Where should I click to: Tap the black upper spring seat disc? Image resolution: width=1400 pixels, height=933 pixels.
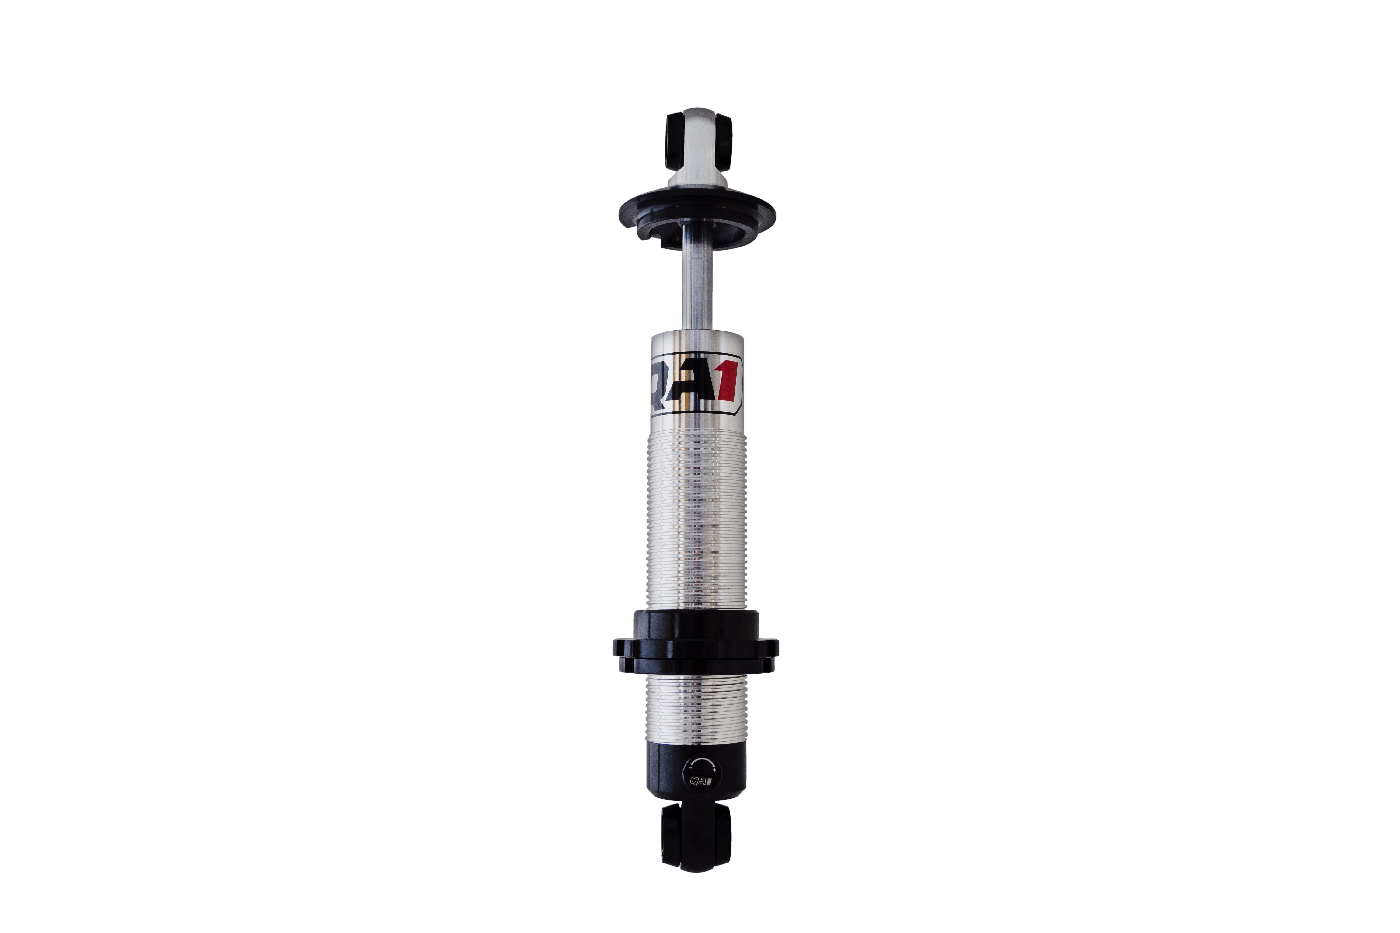696,214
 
